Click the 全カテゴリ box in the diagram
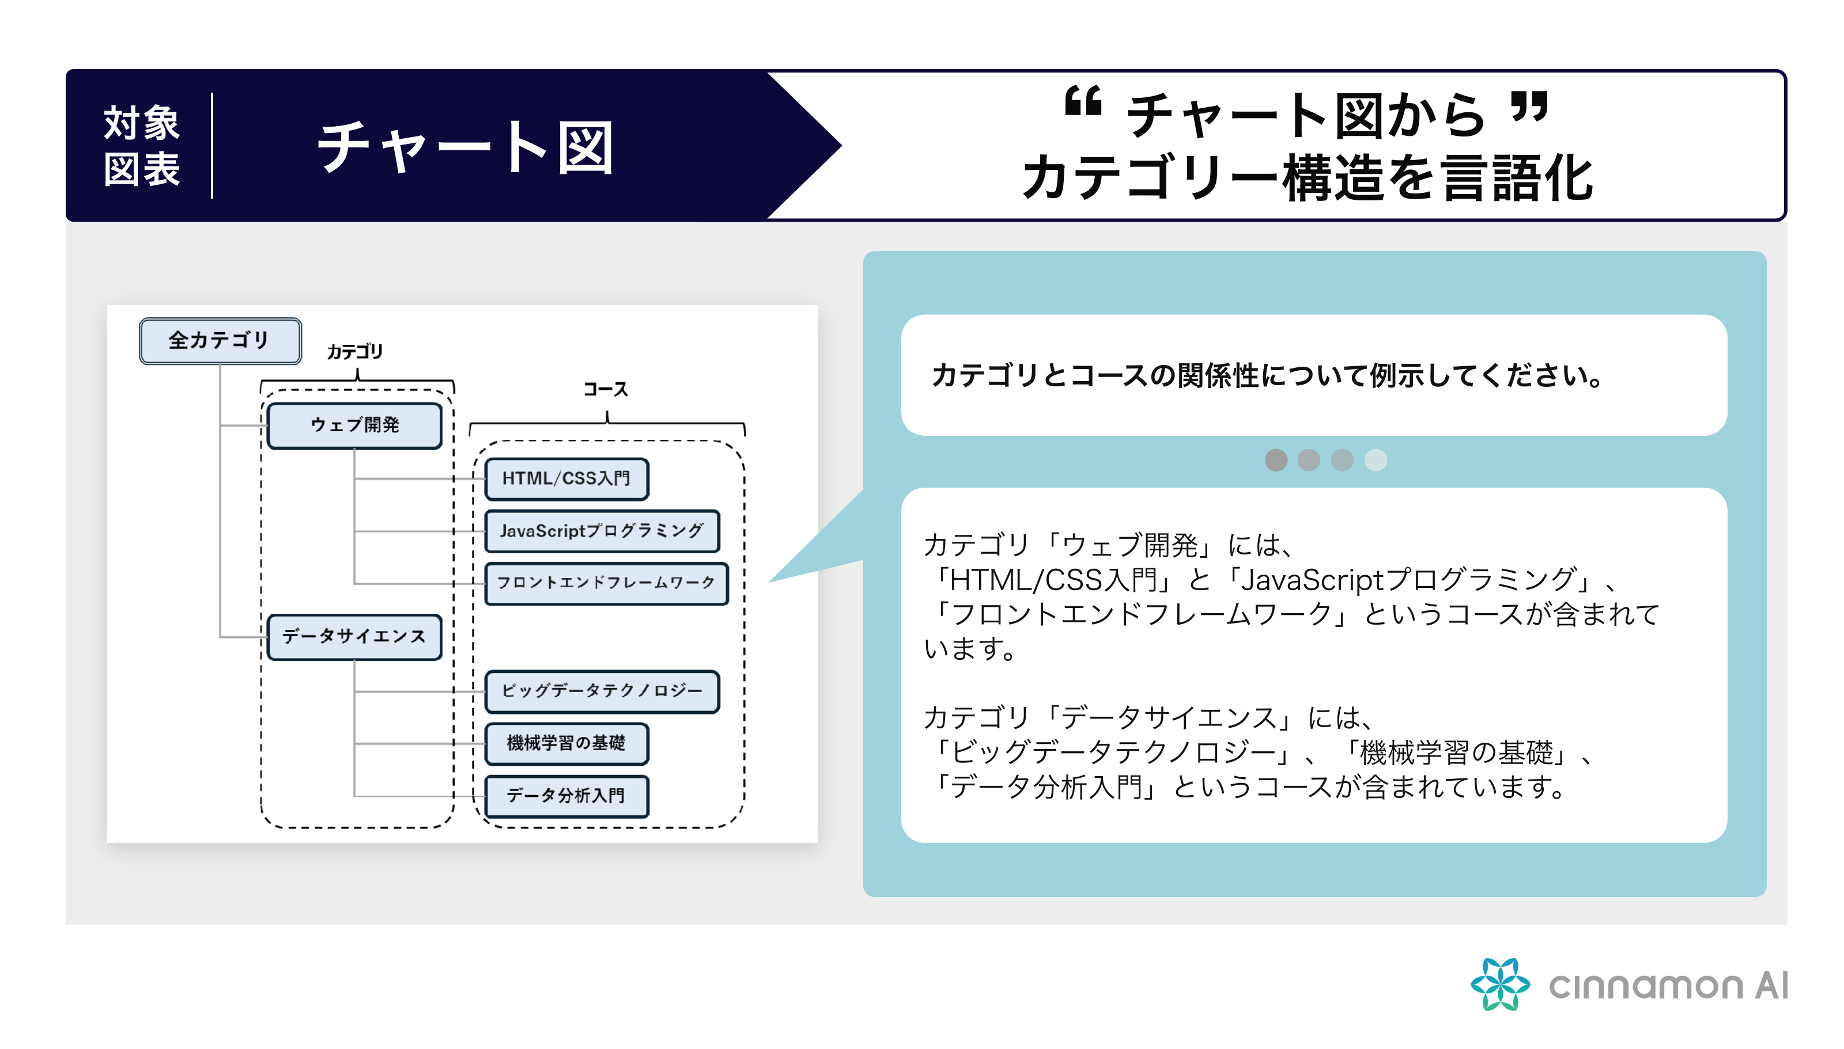220,341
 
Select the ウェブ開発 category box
354,425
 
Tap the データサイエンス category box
354,637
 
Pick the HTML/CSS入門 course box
566,478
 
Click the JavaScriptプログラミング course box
602,531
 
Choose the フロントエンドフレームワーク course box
606,583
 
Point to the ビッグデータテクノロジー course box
602,691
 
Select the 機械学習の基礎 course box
566,743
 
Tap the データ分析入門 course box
566,796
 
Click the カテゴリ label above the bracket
354,352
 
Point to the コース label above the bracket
606,389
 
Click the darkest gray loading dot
1276,459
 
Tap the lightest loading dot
1376,459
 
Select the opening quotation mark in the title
1083,101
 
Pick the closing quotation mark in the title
1528,106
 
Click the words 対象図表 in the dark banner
141,146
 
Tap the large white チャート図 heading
465,148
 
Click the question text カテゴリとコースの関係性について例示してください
1267,375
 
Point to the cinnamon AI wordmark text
1668,986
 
